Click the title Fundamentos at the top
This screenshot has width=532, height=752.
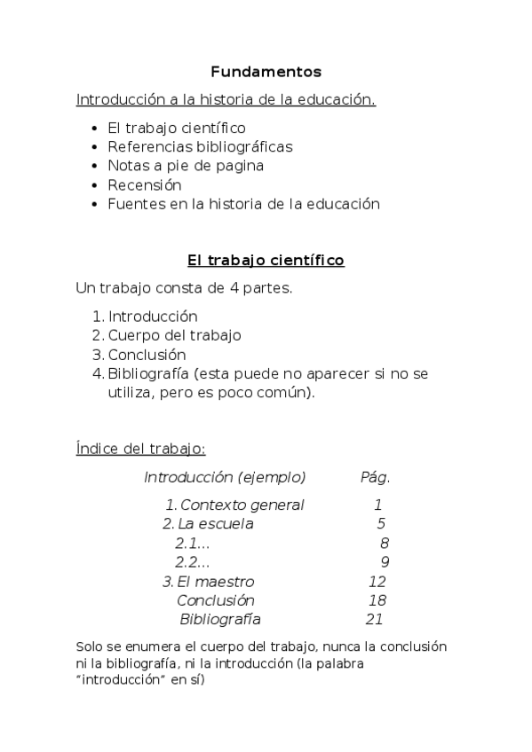tap(266, 72)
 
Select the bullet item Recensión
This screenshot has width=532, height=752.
tap(145, 185)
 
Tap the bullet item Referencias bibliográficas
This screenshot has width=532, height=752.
tap(200, 146)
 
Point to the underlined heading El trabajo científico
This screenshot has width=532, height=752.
tap(266, 261)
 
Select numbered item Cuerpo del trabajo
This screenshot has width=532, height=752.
tap(174, 335)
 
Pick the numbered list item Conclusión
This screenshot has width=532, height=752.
tap(147, 355)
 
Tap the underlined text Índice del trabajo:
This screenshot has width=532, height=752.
tap(141, 449)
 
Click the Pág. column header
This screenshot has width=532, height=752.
tap(375, 477)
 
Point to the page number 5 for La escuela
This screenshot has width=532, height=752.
tap(380, 524)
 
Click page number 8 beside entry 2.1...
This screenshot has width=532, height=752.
tap(384, 544)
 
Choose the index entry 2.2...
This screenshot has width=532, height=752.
tap(192, 562)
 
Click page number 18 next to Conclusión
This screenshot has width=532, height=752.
tap(377, 600)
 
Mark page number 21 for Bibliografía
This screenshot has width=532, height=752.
tap(374, 620)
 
